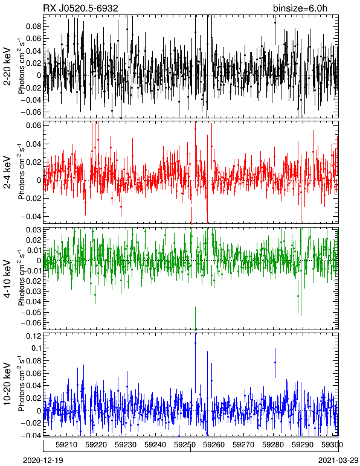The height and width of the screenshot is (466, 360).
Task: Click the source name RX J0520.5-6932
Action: coord(80,8)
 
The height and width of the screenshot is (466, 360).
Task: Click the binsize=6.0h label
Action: coord(300,8)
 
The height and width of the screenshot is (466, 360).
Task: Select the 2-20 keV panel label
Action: coord(7,66)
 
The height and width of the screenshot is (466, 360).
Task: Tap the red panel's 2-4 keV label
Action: coord(7,173)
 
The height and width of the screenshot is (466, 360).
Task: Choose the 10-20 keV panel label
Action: coord(7,384)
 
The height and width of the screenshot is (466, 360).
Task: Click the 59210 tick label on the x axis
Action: coord(66,445)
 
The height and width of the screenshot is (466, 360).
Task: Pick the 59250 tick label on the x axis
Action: coord(185,445)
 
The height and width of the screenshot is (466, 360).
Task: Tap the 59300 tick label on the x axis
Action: coord(332,445)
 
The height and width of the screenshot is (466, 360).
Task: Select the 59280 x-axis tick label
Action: coord(273,445)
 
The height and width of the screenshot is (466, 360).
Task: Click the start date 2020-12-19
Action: coord(43,460)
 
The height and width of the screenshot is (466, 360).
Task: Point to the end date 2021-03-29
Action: coord(338,460)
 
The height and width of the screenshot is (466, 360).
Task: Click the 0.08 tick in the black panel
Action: coord(33,27)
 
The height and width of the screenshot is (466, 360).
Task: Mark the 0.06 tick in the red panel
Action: coord(33,126)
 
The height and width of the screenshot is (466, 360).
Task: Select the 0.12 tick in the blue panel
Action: coord(33,336)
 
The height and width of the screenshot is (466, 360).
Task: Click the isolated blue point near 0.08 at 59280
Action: coord(275,362)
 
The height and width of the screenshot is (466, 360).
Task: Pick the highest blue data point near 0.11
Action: coord(195,343)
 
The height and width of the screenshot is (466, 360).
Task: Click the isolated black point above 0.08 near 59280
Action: coord(275,22)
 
